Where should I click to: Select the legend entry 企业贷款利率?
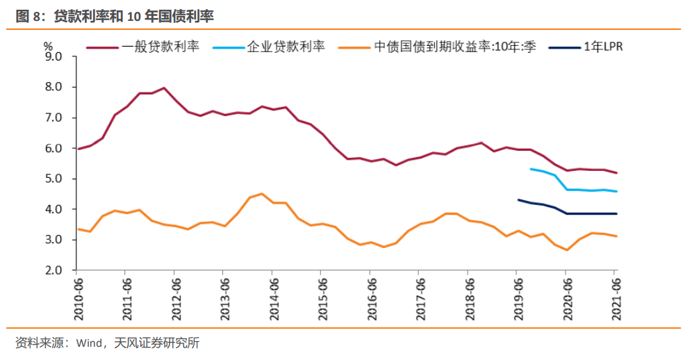[286, 48]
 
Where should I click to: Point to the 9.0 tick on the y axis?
[54, 56]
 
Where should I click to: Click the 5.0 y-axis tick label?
[54, 179]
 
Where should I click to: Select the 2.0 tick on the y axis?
[54, 270]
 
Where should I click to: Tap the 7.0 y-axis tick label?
[54, 117]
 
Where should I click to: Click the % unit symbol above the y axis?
[48, 44]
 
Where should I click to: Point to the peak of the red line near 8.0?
[164, 88]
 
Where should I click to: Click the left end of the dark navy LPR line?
[518, 199]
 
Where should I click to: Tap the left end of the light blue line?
[530, 169]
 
